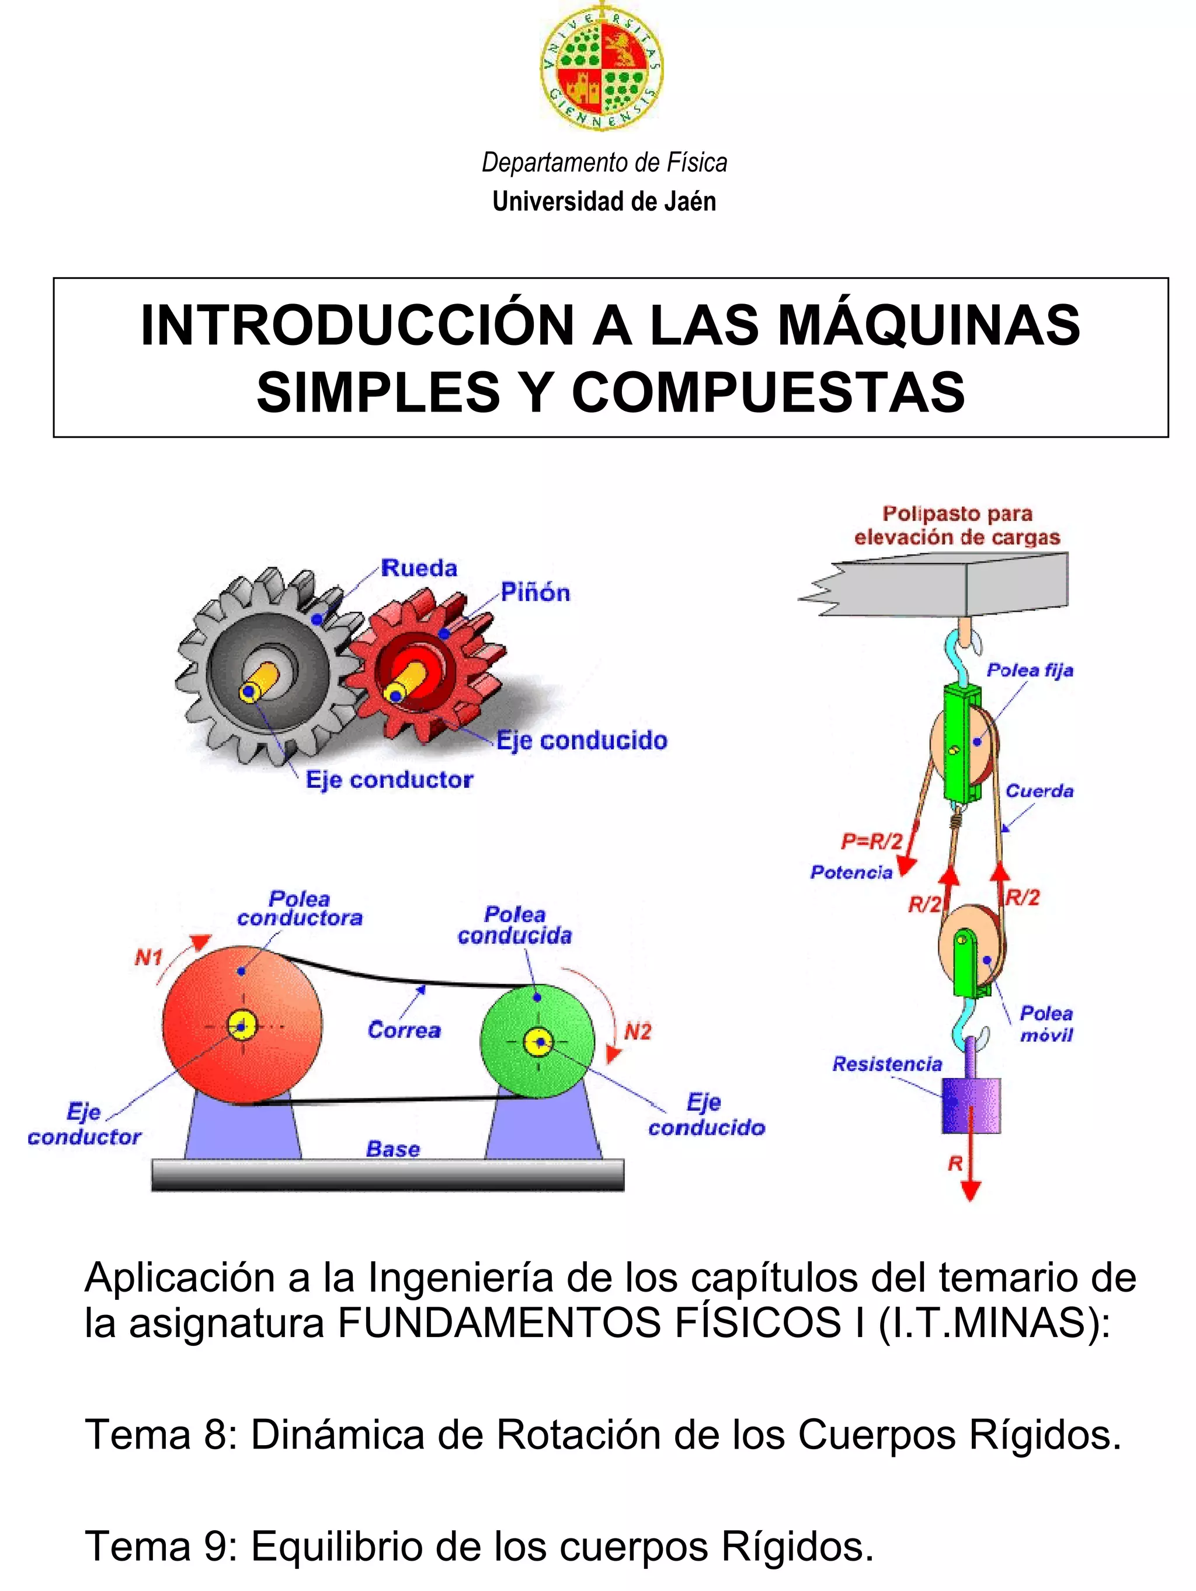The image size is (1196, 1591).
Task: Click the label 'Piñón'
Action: [536, 594]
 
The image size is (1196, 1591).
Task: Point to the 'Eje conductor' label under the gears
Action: [390, 780]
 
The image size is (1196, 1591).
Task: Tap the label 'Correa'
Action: [404, 1031]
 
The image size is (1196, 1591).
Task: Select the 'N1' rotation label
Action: [148, 958]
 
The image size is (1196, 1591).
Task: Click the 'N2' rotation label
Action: [637, 1032]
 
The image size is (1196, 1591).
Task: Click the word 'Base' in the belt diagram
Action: [392, 1149]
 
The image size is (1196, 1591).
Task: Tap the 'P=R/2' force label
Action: [871, 841]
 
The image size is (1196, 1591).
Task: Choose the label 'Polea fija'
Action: [1030, 671]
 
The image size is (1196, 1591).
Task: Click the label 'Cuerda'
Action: [1039, 791]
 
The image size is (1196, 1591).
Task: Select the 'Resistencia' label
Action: [886, 1064]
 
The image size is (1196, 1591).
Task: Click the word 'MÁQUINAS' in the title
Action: [929, 326]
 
